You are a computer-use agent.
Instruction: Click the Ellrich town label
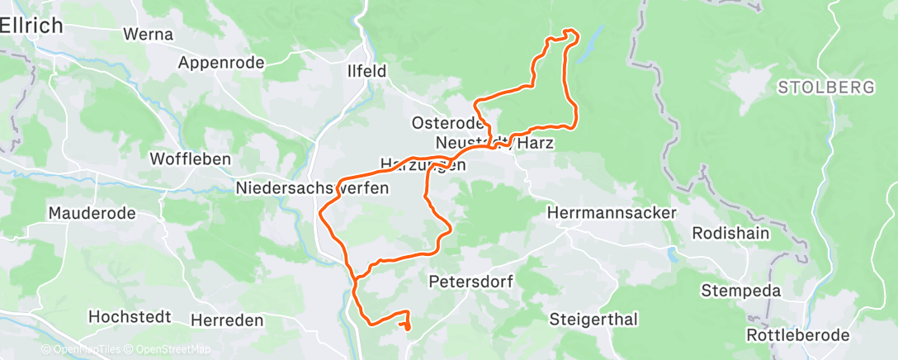click(31, 26)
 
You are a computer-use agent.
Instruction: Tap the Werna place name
click(148, 35)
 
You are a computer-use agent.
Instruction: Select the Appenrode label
click(221, 63)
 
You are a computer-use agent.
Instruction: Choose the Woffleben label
click(190, 159)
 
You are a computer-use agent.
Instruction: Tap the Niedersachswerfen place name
click(312, 188)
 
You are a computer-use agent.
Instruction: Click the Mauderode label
click(92, 213)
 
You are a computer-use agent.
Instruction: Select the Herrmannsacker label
click(612, 213)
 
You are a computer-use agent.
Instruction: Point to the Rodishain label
click(730, 233)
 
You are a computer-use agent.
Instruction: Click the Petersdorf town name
click(471, 282)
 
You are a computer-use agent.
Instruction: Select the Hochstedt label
click(130, 317)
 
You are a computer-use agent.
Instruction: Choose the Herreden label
click(227, 320)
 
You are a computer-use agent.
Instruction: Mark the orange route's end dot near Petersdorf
click(407, 327)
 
